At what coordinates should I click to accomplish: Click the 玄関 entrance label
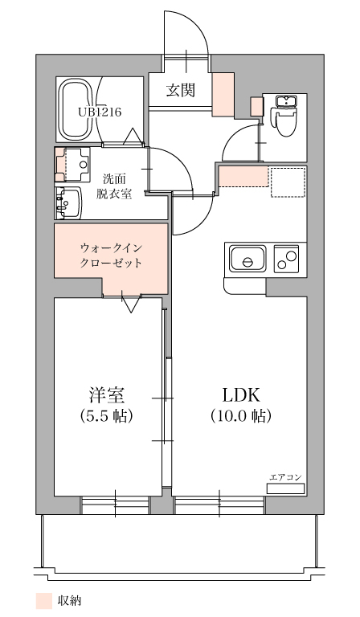point(180,91)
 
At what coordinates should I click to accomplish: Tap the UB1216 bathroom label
point(100,112)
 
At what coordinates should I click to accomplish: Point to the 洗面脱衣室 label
point(114,186)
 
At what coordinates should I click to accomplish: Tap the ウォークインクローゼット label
point(111,255)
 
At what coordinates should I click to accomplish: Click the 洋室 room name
point(107,394)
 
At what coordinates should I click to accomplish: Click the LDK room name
point(241,395)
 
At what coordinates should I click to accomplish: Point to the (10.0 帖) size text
point(241,416)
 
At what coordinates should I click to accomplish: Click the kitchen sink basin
point(247,259)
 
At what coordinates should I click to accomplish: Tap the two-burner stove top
point(286,259)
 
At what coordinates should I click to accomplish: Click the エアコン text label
point(285,477)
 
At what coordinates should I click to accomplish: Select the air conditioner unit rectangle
point(285,488)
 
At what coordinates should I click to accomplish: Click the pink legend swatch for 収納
point(43,601)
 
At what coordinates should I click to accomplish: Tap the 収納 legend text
point(69,601)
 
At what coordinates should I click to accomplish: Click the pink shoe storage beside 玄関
point(223,95)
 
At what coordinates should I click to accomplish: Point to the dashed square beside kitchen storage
point(288,182)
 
